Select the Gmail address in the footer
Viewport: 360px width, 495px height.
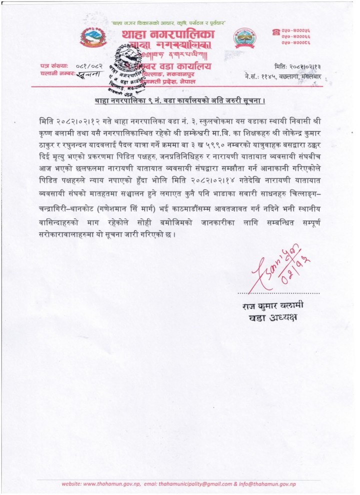199,484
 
